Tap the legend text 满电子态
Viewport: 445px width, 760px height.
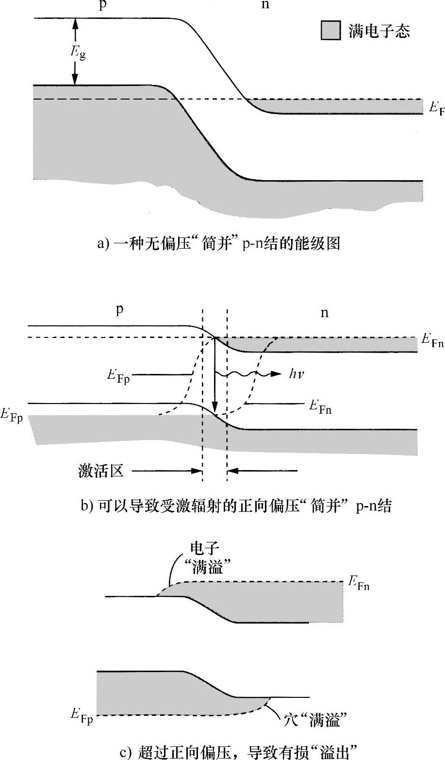pos(379,31)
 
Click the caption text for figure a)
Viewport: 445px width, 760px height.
pos(218,243)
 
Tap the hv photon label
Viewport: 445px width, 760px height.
pos(297,374)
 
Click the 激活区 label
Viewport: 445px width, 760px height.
pos(101,471)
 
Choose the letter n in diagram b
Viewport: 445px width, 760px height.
pos(324,313)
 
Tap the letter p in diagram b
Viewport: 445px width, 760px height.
pos(119,310)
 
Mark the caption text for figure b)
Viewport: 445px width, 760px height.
pos(236,507)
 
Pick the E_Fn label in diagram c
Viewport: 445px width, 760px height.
pos(359,583)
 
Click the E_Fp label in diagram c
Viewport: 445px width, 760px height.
pos(81,716)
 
